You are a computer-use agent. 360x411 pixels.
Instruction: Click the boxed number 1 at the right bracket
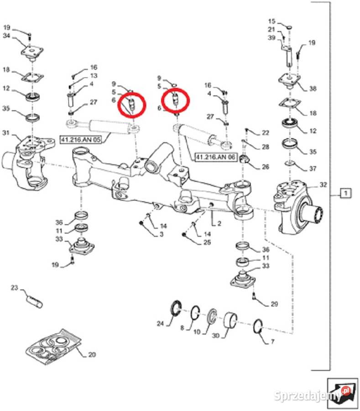tap(345, 193)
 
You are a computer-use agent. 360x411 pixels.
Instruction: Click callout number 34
tap(6, 37)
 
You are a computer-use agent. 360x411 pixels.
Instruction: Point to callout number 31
tap(6, 133)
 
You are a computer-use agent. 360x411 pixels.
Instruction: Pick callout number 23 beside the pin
tap(14, 288)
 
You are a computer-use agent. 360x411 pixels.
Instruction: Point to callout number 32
tap(323, 185)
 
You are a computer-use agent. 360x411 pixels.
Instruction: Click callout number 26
tap(266, 167)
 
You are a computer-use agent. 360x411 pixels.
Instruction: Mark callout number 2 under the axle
tap(219, 223)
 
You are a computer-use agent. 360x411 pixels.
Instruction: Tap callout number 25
tap(207, 242)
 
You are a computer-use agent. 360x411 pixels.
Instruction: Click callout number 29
tap(274, 304)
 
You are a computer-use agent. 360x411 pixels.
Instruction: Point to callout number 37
tap(312, 169)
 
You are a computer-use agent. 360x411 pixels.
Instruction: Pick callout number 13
tap(94, 75)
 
